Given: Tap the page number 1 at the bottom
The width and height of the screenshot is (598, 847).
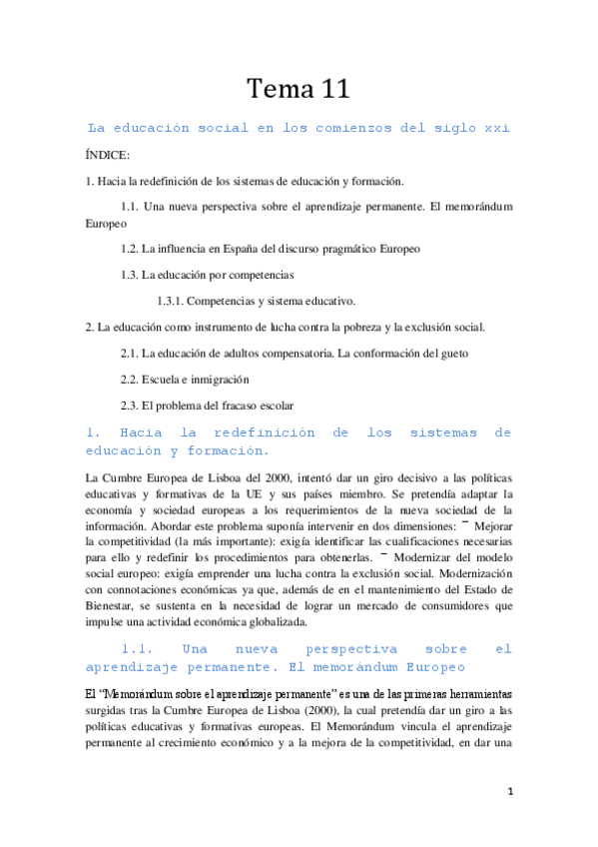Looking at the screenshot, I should [x=509, y=792].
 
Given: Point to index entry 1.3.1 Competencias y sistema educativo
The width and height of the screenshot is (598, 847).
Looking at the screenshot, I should [x=256, y=301].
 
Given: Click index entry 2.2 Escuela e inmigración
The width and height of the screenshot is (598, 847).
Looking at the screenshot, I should [x=185, y=380].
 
